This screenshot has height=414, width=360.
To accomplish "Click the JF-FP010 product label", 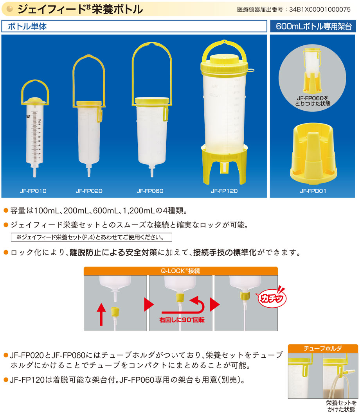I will [33, 191].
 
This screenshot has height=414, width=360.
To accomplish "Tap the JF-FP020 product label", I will [89, 191].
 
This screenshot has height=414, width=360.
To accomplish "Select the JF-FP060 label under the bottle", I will [150, 191].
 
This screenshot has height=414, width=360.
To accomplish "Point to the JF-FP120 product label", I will [224, 191].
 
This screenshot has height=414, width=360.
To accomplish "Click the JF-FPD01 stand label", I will [313, 191].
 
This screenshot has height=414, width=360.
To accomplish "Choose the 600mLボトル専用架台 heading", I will [313, 27].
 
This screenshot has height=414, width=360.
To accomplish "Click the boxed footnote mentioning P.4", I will [91, 237].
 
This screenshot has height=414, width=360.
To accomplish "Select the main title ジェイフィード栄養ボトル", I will [80, 9].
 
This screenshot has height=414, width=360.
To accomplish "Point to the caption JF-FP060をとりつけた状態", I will [313, 101].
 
